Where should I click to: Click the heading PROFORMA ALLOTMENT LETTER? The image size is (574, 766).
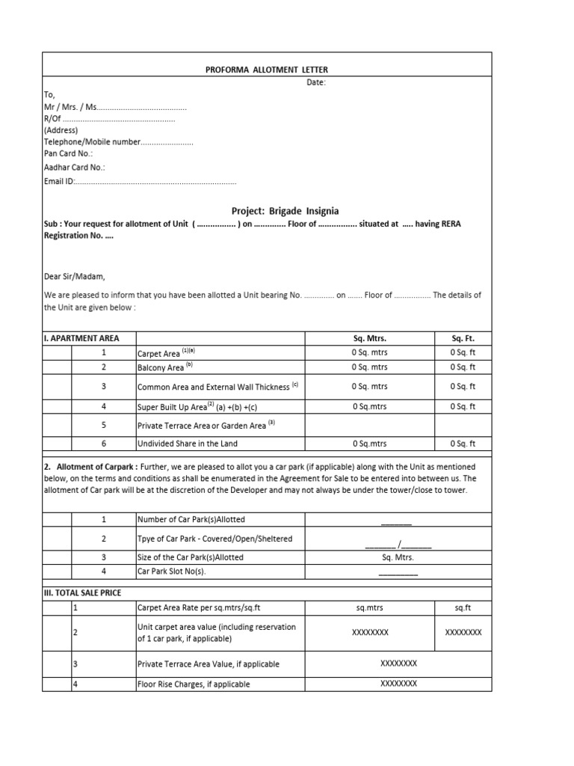[266, 70]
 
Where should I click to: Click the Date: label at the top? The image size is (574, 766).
[316, 82]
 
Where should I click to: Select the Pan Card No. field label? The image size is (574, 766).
[68, 153]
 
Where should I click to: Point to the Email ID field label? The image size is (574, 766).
[60, 182]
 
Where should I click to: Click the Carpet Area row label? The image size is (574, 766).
[159, 353]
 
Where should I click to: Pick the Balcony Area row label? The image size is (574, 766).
[161, 367]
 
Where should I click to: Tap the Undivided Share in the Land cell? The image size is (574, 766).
[187, 444]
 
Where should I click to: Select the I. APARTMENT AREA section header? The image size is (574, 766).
[81, 338]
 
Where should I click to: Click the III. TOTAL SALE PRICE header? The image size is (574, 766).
[82, 592]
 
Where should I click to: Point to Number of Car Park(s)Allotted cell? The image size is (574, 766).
[191, 519]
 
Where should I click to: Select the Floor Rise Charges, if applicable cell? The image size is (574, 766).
[194, 684]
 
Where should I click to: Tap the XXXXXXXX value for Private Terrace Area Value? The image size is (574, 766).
[398, 663]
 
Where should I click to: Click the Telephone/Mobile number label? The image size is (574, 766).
[92, 141]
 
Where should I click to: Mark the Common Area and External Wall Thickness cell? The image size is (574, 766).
[213, 387]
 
